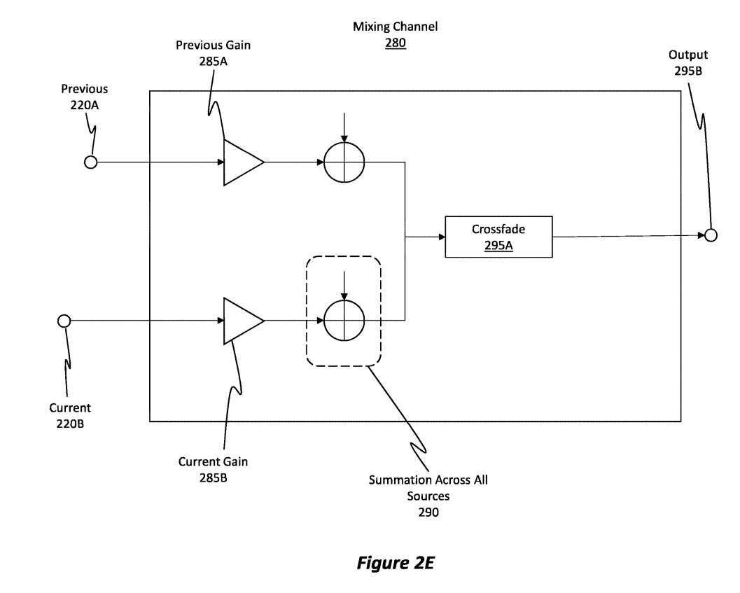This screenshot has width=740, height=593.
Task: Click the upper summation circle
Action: (x=344, y=162)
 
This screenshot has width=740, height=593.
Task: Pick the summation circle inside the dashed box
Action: (x=344, y=321)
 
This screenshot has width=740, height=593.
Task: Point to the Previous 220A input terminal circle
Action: (x=90, y=162)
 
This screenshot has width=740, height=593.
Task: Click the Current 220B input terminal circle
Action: (x=64, y=321)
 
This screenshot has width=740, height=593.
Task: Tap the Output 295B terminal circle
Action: (x=711, y=235)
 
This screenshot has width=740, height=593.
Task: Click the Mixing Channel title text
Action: (x=395, y=27)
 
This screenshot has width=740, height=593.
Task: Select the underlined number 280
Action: (x=395, y=43)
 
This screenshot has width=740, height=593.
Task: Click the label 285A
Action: (x=213, y=60)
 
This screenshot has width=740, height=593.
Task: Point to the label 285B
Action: (x=213, y=477)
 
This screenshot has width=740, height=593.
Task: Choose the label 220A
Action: (x=84, y=104)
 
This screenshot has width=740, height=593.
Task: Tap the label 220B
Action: (x=70, y=423)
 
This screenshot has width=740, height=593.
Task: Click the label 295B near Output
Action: (x=687, y=70)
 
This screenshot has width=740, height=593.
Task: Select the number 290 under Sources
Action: (x=428, y=512)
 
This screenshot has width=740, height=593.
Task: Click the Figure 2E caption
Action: (x=395, y=563)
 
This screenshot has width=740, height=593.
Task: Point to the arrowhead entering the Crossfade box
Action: (x=441, y=237)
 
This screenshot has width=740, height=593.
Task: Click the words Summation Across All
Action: (x=428, y=480)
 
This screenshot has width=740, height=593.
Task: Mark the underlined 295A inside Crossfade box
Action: (x=498, y=245)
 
